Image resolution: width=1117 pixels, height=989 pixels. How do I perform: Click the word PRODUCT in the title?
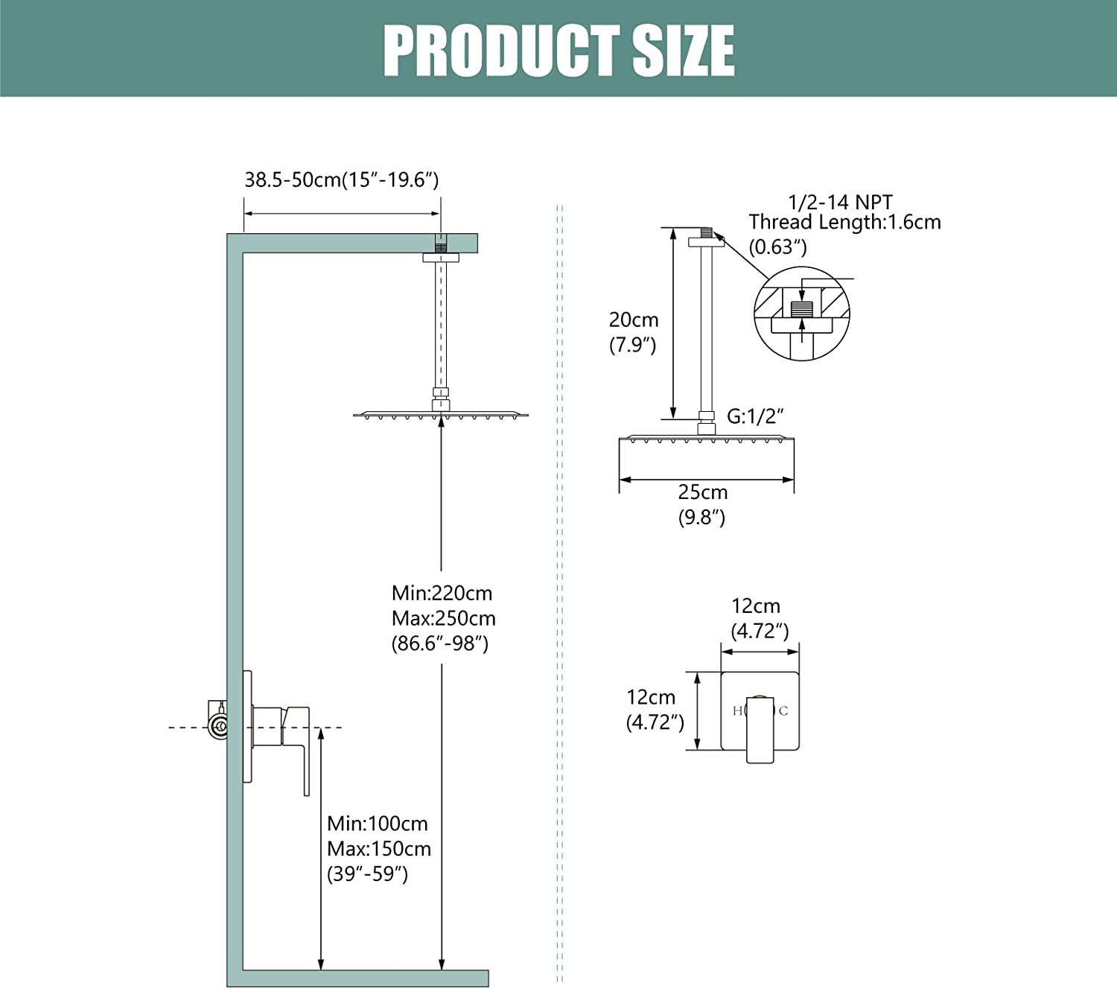[x=501, y=51]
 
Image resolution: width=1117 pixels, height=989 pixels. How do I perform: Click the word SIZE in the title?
[x=684, y=51]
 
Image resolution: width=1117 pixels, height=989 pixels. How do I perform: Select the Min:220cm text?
[x=442, y=594]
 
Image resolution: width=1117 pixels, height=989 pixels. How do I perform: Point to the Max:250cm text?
[x=443, y=619]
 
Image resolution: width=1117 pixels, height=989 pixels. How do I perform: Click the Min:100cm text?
[x=377, y=824]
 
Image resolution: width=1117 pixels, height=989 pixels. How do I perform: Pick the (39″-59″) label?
[x=367, y=874]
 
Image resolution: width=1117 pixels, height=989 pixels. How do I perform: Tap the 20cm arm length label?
[x=634, y=320]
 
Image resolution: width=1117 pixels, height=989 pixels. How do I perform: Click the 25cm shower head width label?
[x=702, y=492]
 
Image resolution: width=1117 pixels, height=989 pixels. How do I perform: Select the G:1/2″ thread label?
[x=755, y=416]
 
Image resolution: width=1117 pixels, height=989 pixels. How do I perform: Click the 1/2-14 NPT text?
[x=840, y=202]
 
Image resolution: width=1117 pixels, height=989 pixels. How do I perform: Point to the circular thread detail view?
[x=801, y=314]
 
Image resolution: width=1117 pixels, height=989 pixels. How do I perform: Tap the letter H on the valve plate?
[x=737, y=711]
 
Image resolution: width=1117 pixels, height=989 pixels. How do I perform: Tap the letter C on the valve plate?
[x=783, y=711]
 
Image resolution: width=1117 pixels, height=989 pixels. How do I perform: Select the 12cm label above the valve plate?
[x=756, y=606]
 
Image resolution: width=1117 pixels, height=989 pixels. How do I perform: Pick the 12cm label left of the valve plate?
[x=651, y=698]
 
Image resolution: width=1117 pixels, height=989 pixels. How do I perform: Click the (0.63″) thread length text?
[x=777, y=247]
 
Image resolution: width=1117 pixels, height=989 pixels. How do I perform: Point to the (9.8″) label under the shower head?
[x=701, y=518]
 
